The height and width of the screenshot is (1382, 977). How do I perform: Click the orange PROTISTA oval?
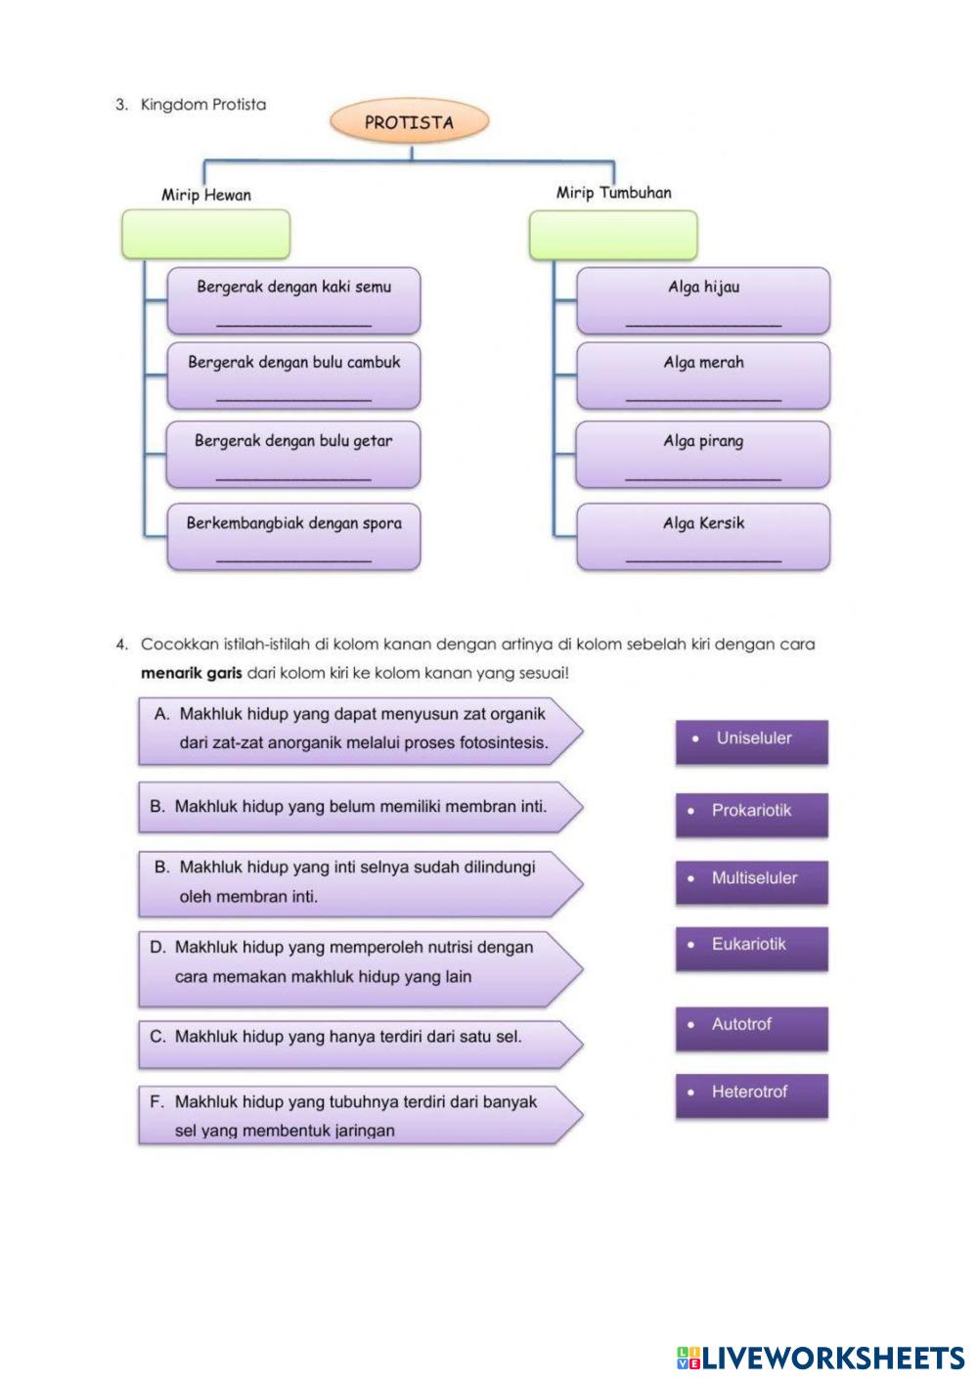click(x=409, y=122)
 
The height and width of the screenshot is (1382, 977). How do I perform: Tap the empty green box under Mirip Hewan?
click(x=205, y=235)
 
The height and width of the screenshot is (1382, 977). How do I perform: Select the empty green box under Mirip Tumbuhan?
click(x=613, y=236)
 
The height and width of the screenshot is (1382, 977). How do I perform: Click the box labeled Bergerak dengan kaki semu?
click(x=293, y=301)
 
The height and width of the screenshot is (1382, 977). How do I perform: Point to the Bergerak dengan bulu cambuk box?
click(x=293, y=376)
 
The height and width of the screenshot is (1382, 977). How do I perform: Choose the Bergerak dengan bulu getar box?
click(x=293, y=455)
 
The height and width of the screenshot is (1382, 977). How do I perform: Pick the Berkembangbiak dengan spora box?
click(x=293, y=536)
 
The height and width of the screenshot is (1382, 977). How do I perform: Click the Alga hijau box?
click(x=703, y=301)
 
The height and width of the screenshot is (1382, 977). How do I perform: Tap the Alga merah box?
click(x=703, y=376)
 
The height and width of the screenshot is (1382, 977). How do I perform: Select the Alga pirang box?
click(x=703, y=455)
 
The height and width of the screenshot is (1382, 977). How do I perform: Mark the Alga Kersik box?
click(x=703, y=536)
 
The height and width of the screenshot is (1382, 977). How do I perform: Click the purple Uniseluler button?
click(x=751, y=741)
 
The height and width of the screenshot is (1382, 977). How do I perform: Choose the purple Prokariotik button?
click(x=751, y=814)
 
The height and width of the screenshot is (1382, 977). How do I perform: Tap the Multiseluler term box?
click(x=751, y=881)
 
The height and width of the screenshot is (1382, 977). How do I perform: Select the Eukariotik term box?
click(x=751, y=948)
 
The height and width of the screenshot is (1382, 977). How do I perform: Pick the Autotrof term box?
click(x=751, y=1028)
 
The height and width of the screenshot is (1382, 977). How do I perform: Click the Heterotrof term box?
click(x=751, y=1095)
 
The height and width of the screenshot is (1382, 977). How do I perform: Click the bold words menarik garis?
click(x=191, y=674)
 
